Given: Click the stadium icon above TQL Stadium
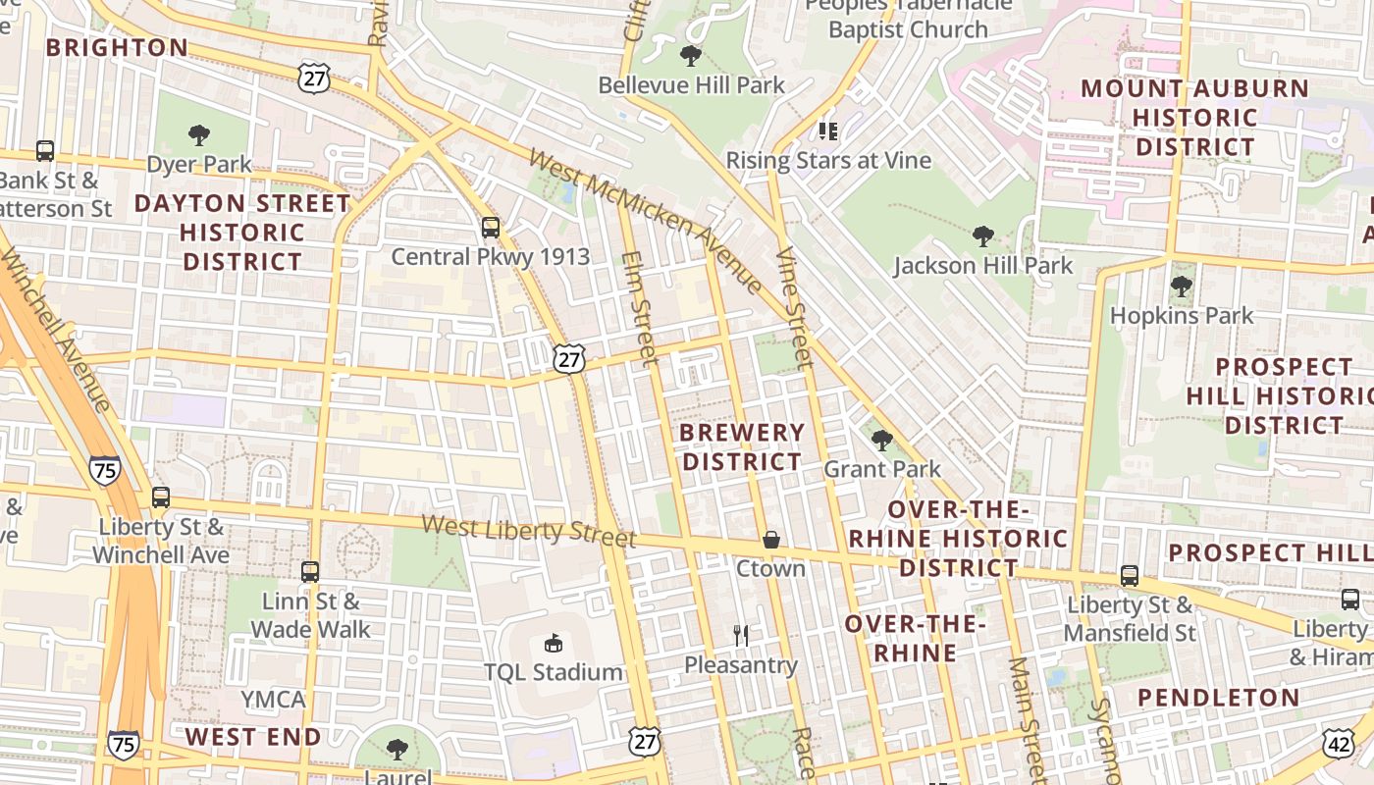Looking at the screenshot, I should pos(554,644).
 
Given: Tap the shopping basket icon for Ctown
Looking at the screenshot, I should pos(771,540).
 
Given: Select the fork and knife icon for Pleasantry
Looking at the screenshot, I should pos(741,636).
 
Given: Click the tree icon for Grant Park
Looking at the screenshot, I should pos(881,440).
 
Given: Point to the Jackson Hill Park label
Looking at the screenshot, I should pos(983,266).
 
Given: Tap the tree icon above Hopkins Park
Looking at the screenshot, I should pos(1182,287).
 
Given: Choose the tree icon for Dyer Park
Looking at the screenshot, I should pos(199,134).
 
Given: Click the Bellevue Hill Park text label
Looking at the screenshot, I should pos(692,85).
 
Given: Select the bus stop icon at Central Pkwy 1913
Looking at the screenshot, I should pos(491,228).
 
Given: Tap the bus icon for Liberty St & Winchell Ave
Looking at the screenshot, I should pos(161,497).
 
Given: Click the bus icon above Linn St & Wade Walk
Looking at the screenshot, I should pos(310,571).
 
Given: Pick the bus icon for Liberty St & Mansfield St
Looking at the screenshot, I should pos(1130,576).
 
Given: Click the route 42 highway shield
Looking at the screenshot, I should pos(1339,744).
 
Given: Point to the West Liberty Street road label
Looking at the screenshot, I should pos(529,531).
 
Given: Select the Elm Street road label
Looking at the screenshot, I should pos(639,308).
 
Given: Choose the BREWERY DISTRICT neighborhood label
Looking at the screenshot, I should pos(742,446).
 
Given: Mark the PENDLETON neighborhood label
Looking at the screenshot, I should pos(1219,698).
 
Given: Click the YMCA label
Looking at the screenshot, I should pos(274,700).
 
